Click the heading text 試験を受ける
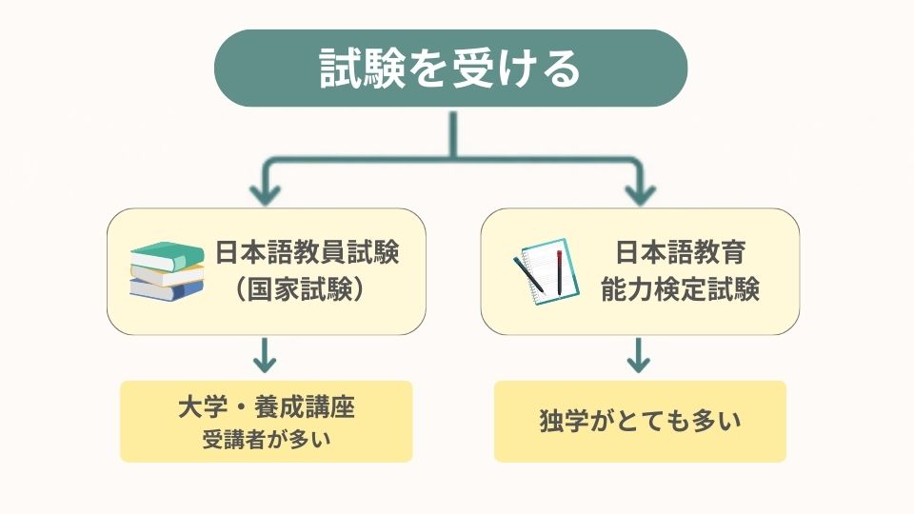tap(450, 68)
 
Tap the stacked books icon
tap(168, 271)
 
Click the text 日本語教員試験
tap(306, 253)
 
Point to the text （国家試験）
tap(300, 290)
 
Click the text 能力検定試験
tap(680, 290)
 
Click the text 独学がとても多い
tap(640, 422)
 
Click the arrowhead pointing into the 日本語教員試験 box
tap(266, 194)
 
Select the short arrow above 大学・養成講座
tap(266, 358)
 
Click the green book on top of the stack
tap(168, 254)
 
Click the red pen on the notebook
tap(559, 269)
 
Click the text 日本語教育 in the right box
tap(680, 253)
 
